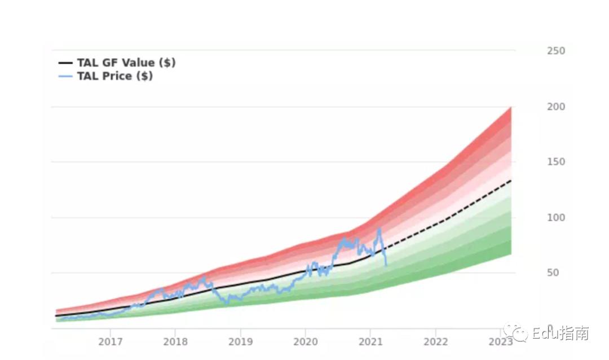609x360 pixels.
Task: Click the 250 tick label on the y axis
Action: (555, 51)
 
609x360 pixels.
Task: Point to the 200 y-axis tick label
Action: (555, 107)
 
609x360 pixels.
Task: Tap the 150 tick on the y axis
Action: (555, 162)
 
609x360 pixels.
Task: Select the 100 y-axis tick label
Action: (555, 217)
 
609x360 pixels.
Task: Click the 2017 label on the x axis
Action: (111, 342)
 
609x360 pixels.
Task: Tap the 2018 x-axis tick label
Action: (175, 342)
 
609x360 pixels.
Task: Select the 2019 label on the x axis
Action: (241, 342)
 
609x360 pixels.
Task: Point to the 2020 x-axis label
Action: (306, 342)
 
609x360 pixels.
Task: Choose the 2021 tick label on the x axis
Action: (370, 342)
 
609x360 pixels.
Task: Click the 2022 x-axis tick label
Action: (436, 342)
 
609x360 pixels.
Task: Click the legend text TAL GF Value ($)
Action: (126, 63)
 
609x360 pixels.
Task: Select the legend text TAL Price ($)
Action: (115, 76)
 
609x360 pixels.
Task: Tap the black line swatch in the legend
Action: (66, 63)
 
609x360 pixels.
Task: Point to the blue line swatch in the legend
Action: (66, 76)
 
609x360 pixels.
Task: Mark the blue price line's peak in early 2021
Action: (379, 229)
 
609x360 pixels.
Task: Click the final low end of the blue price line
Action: (386, 265)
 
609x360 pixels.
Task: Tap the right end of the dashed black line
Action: (511, 181)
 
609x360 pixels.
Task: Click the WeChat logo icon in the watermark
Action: (516, 333)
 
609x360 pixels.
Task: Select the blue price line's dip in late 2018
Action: (227, 302)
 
